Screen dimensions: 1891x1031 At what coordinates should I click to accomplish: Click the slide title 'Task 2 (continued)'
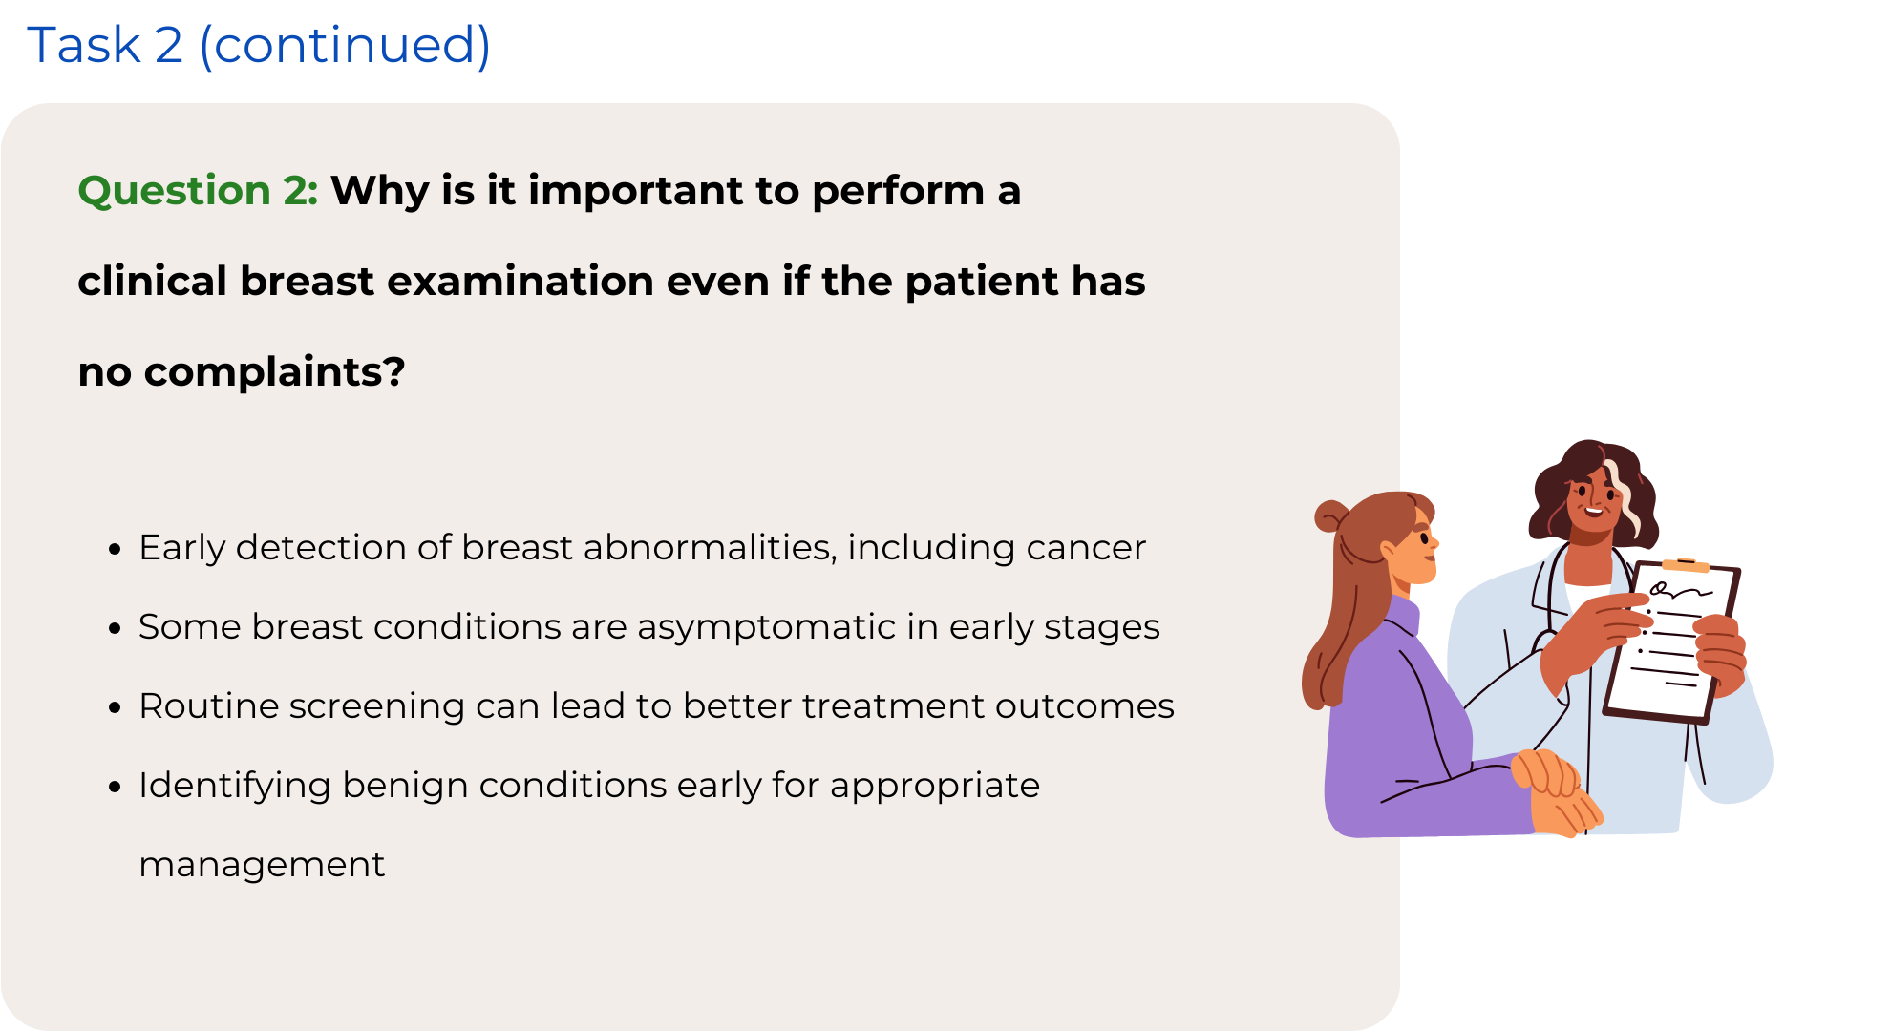click(259, 45)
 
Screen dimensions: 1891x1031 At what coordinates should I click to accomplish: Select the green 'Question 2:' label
click(198, 191)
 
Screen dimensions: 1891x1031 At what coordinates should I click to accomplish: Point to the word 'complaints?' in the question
click(275, 373)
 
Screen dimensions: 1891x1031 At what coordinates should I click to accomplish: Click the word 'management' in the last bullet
click(262, 865)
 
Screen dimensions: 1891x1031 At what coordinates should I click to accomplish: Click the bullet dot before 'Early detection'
click(116, 549)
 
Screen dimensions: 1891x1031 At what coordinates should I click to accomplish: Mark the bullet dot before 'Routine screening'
click(116, 707)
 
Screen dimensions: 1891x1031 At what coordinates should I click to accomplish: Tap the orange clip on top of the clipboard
click(1686, 565)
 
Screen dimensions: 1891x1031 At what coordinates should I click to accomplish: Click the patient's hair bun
click(1329, 515)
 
